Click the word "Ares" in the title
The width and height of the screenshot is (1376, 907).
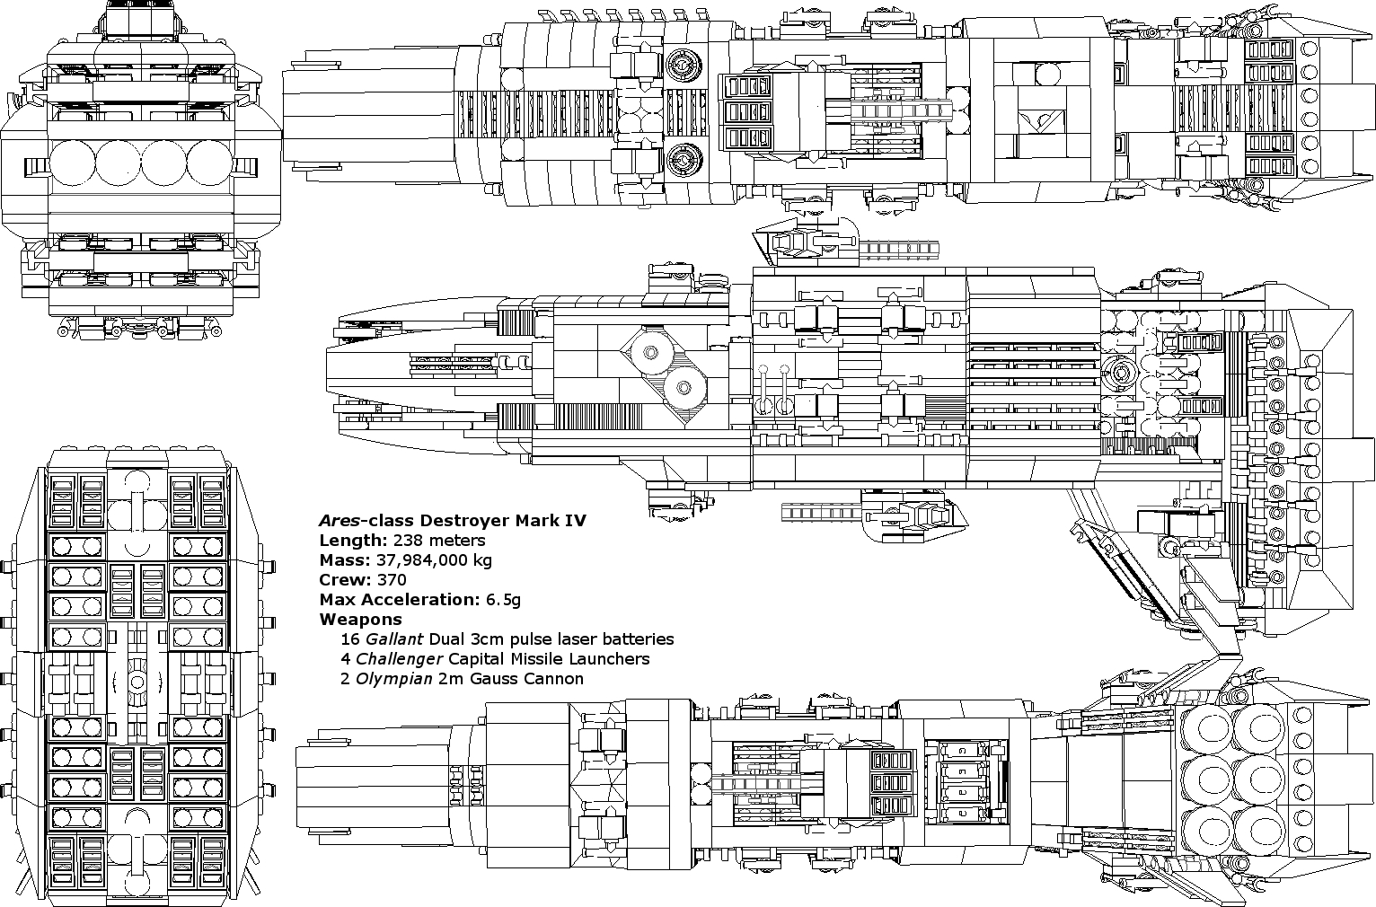(x=338, y=521)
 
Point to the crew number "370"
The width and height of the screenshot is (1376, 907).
(x=392, y=580)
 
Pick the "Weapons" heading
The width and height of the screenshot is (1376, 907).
(x=360, y=620)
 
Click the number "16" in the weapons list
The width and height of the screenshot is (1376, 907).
(x=350, y=639)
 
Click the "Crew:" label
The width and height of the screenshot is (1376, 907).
(x=345, y=580)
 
